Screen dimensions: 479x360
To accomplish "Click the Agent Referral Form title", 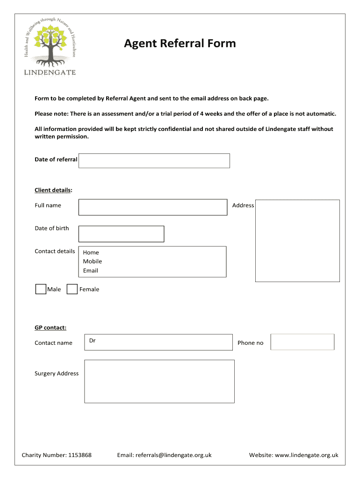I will point(180,44).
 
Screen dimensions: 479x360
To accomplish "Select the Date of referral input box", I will point(154,160).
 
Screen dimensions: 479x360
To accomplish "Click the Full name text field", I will point(153,207).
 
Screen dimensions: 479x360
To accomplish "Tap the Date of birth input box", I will point(121,234).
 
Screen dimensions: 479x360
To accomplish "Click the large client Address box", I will point(297,241).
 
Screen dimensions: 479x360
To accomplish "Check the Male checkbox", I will point(41,289).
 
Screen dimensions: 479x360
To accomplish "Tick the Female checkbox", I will point(72,289).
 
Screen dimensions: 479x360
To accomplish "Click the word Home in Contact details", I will point(91,253).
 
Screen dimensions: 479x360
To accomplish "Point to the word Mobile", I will point(93,261).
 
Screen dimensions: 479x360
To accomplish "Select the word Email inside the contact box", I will point(91,270).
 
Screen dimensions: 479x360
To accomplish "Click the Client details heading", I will point(53,190).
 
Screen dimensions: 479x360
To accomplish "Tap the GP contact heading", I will point(50,327).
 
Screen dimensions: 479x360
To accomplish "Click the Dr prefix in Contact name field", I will point(93,341).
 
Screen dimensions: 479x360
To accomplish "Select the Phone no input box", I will point(302,342).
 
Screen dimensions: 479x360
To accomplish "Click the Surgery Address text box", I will point(159,381).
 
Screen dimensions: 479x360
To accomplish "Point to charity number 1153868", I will point(80,455).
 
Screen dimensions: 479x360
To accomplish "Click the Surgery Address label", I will point(57,373).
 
